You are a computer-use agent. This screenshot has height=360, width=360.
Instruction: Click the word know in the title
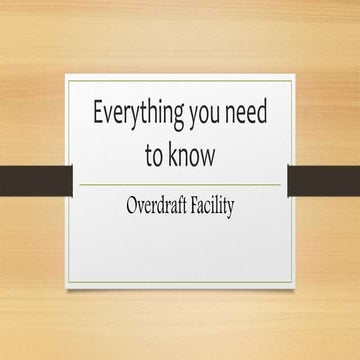pos(193,157)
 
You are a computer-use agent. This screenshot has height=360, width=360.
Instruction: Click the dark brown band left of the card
pos(35,181)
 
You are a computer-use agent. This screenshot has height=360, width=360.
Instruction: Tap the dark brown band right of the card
pos(324,181)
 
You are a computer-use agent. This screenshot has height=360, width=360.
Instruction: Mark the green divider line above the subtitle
pos(180,185)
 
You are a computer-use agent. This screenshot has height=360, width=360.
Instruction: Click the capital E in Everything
pos(98,112)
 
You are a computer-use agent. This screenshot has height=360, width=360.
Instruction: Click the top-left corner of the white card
pos(67,74)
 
